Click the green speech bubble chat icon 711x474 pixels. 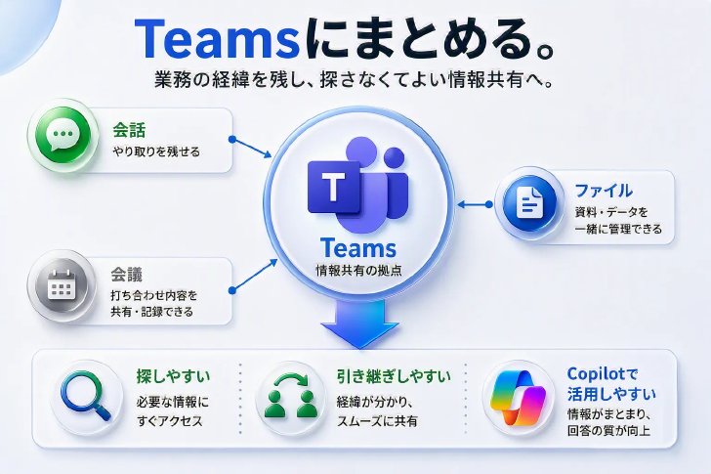point(63,135)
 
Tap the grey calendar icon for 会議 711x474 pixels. point(62,285)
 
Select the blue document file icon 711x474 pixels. point(529,203)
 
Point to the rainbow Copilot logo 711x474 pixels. point(518,398)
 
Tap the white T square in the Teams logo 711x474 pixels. point(333,187)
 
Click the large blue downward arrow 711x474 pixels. point(359,323)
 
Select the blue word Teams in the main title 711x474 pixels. point(217,39)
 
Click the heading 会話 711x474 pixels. point(129,130)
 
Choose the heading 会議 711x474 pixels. point(127,275)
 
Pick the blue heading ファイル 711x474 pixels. point(604,191)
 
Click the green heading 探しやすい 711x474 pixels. point(173,376)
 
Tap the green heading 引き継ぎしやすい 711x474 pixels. point(394,376)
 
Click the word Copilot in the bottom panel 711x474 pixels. point(597,374)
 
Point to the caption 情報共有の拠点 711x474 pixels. point(358,271)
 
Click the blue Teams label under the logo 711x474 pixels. point(358,248)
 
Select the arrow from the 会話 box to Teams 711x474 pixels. point(252,148)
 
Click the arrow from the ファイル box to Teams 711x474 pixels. point(475,204)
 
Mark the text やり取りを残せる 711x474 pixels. point(156,151)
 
